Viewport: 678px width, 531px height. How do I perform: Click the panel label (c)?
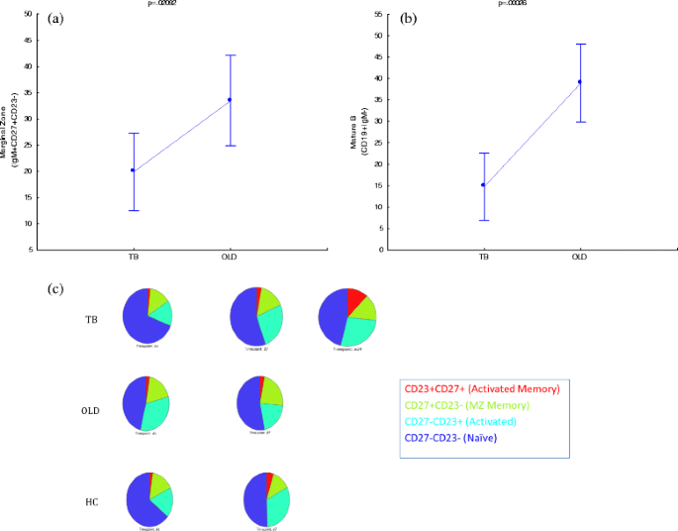[x=57, y=288]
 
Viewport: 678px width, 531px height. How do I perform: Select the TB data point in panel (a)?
[x=134, y=170]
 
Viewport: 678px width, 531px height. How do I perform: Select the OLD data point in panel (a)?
[x=230, y=99]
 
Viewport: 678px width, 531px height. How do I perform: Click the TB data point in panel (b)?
[x=484, y=184]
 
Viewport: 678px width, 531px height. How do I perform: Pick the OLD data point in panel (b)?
[x=580, y=82]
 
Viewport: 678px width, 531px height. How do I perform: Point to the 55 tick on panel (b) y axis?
[x=378, y=15]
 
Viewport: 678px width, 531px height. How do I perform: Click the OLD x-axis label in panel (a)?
[x=230, y=258]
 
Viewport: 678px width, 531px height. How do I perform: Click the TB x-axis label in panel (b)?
[x=484, y=258]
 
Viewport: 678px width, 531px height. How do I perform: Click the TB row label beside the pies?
[x=91, y=320]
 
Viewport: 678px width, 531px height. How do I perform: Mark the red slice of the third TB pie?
[x=356, y=299]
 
